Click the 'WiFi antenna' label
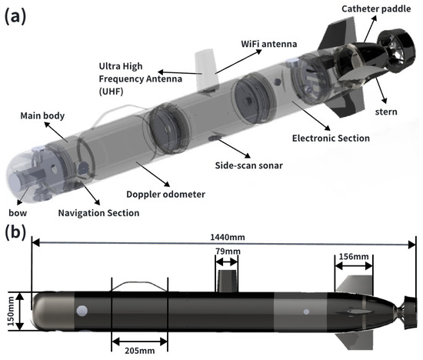269,44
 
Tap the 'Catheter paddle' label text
376,9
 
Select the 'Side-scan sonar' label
248,165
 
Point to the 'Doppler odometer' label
165,195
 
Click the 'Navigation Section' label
98,213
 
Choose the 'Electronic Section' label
331,138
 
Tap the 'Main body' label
42,116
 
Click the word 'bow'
18,213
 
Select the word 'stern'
386,112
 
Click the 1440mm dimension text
228,237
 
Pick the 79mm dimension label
228,252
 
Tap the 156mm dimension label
354,256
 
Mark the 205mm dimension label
140,351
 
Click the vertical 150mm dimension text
11,312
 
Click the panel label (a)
15,17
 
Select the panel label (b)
15,232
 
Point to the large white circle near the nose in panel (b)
82,311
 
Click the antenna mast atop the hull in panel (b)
228,281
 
